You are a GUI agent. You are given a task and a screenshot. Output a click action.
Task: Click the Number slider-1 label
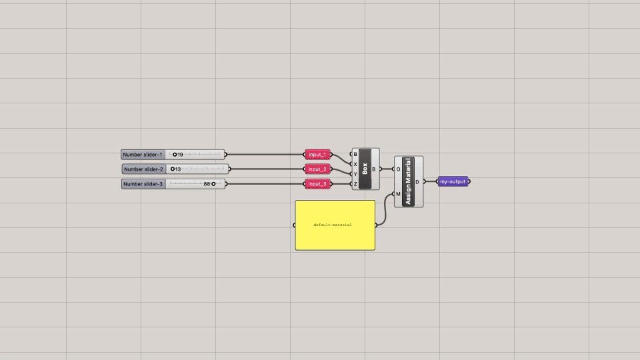click(x=143, y=155)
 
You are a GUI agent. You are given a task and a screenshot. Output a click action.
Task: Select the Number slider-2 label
click(x=143, y=169)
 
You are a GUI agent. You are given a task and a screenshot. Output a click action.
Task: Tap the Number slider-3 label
click(x=143, y=184)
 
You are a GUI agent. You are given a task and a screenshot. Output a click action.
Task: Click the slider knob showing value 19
click(x=175, y=155)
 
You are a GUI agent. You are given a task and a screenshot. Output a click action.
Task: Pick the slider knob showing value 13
click(x=173, y=169)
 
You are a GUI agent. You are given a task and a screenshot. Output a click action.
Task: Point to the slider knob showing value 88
click(x=213, y=184)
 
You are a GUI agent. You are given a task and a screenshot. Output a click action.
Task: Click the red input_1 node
click(x=317, y=155)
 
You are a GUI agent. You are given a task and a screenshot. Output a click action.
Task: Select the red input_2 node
click(x=317, y=169)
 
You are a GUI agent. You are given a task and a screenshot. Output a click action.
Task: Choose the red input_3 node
click(x=317, y=184)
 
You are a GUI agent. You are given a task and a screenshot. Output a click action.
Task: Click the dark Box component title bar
click(x=365, y=169)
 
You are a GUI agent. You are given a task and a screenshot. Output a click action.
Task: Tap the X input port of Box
click(x=352, y=164)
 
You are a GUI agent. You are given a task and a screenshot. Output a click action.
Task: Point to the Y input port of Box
click(x=352, y=174)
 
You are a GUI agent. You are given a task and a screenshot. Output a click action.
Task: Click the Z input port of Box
click(x=352, y=184)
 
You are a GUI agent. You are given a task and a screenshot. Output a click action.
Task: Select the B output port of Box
click(x=380, y=169)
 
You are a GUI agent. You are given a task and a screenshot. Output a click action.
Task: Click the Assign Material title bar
click(x=408, y=181)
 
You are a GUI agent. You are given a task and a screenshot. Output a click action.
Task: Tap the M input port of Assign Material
click(x=394, y=194)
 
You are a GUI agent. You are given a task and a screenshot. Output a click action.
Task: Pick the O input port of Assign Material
click(x=394, y=169)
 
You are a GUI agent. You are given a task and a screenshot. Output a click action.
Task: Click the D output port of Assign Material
click(x=424, y=181)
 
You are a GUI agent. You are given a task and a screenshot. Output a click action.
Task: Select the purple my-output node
click(x=453, y=181)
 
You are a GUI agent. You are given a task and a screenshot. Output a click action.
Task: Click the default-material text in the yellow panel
click(x=333, y=225)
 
